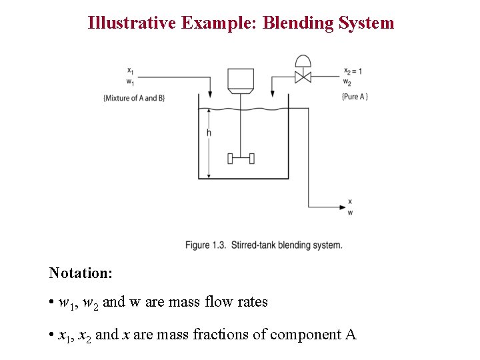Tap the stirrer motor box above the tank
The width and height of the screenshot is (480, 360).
click(240, 79)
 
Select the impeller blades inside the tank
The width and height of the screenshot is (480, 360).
click(240, 158)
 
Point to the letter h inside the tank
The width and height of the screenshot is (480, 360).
click(209, 133)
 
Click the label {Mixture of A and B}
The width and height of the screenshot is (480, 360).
click(134, 98)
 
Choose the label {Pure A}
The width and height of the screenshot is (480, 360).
click(355, 97)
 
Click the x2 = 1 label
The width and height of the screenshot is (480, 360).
click(353, 71)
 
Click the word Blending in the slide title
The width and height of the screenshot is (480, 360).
click(289, 23)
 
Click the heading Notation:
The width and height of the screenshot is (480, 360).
click(81, 273)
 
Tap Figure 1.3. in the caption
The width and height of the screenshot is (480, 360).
click(205, 245)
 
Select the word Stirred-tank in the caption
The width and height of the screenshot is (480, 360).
click(253, 245)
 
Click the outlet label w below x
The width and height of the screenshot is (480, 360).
click(351, 213)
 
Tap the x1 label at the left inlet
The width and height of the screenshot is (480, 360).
click(129, 71)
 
